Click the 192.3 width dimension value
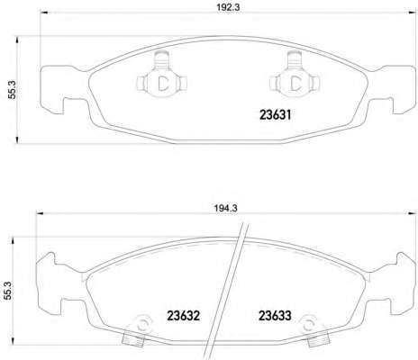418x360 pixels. coord(228,7)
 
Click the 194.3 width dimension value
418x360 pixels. coord(226,208)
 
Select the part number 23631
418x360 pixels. coord(276,114)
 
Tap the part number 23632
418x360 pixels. coord(183,316)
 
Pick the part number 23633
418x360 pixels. coord(275,316)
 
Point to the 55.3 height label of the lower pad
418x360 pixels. coord(8,291)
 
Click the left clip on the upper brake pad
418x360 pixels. coord(162,75)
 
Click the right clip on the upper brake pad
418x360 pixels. coord(295,75)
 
